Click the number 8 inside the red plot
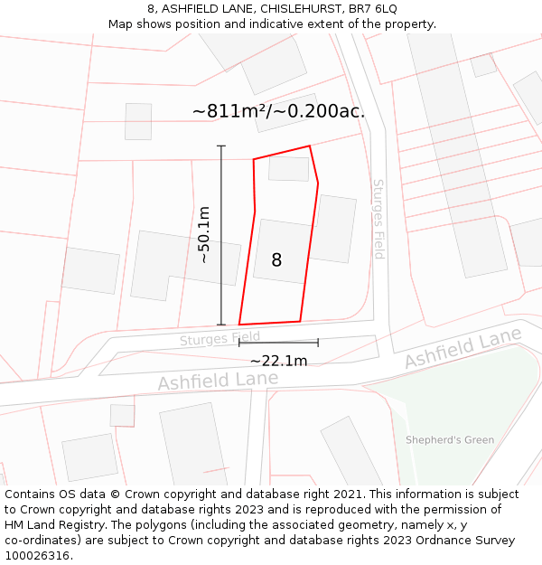tap(276, 260)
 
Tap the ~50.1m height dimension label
tap(204, 235)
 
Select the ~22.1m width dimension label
tap(278, 361)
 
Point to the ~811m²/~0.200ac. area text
tap(278, 111)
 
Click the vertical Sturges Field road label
tap(378, 219)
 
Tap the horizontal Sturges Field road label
tap(220, 339)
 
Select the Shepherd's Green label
tap(450, 440)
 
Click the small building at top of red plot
tap(288, 168)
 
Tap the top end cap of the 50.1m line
tap(221, 146)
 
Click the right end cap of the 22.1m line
tap(318, 343)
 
